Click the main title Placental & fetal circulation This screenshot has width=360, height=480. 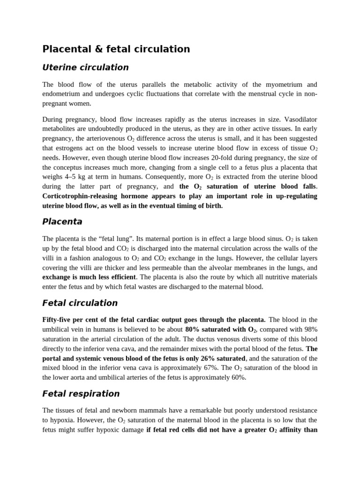click(x=116, y=49)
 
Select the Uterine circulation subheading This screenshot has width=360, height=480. click(x=85, y=67)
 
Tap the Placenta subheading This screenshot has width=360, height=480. click(x=62, y=222)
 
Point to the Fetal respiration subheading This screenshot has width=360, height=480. click(x=81, y=394)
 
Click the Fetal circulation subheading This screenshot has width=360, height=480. click(x=80, y=303)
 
